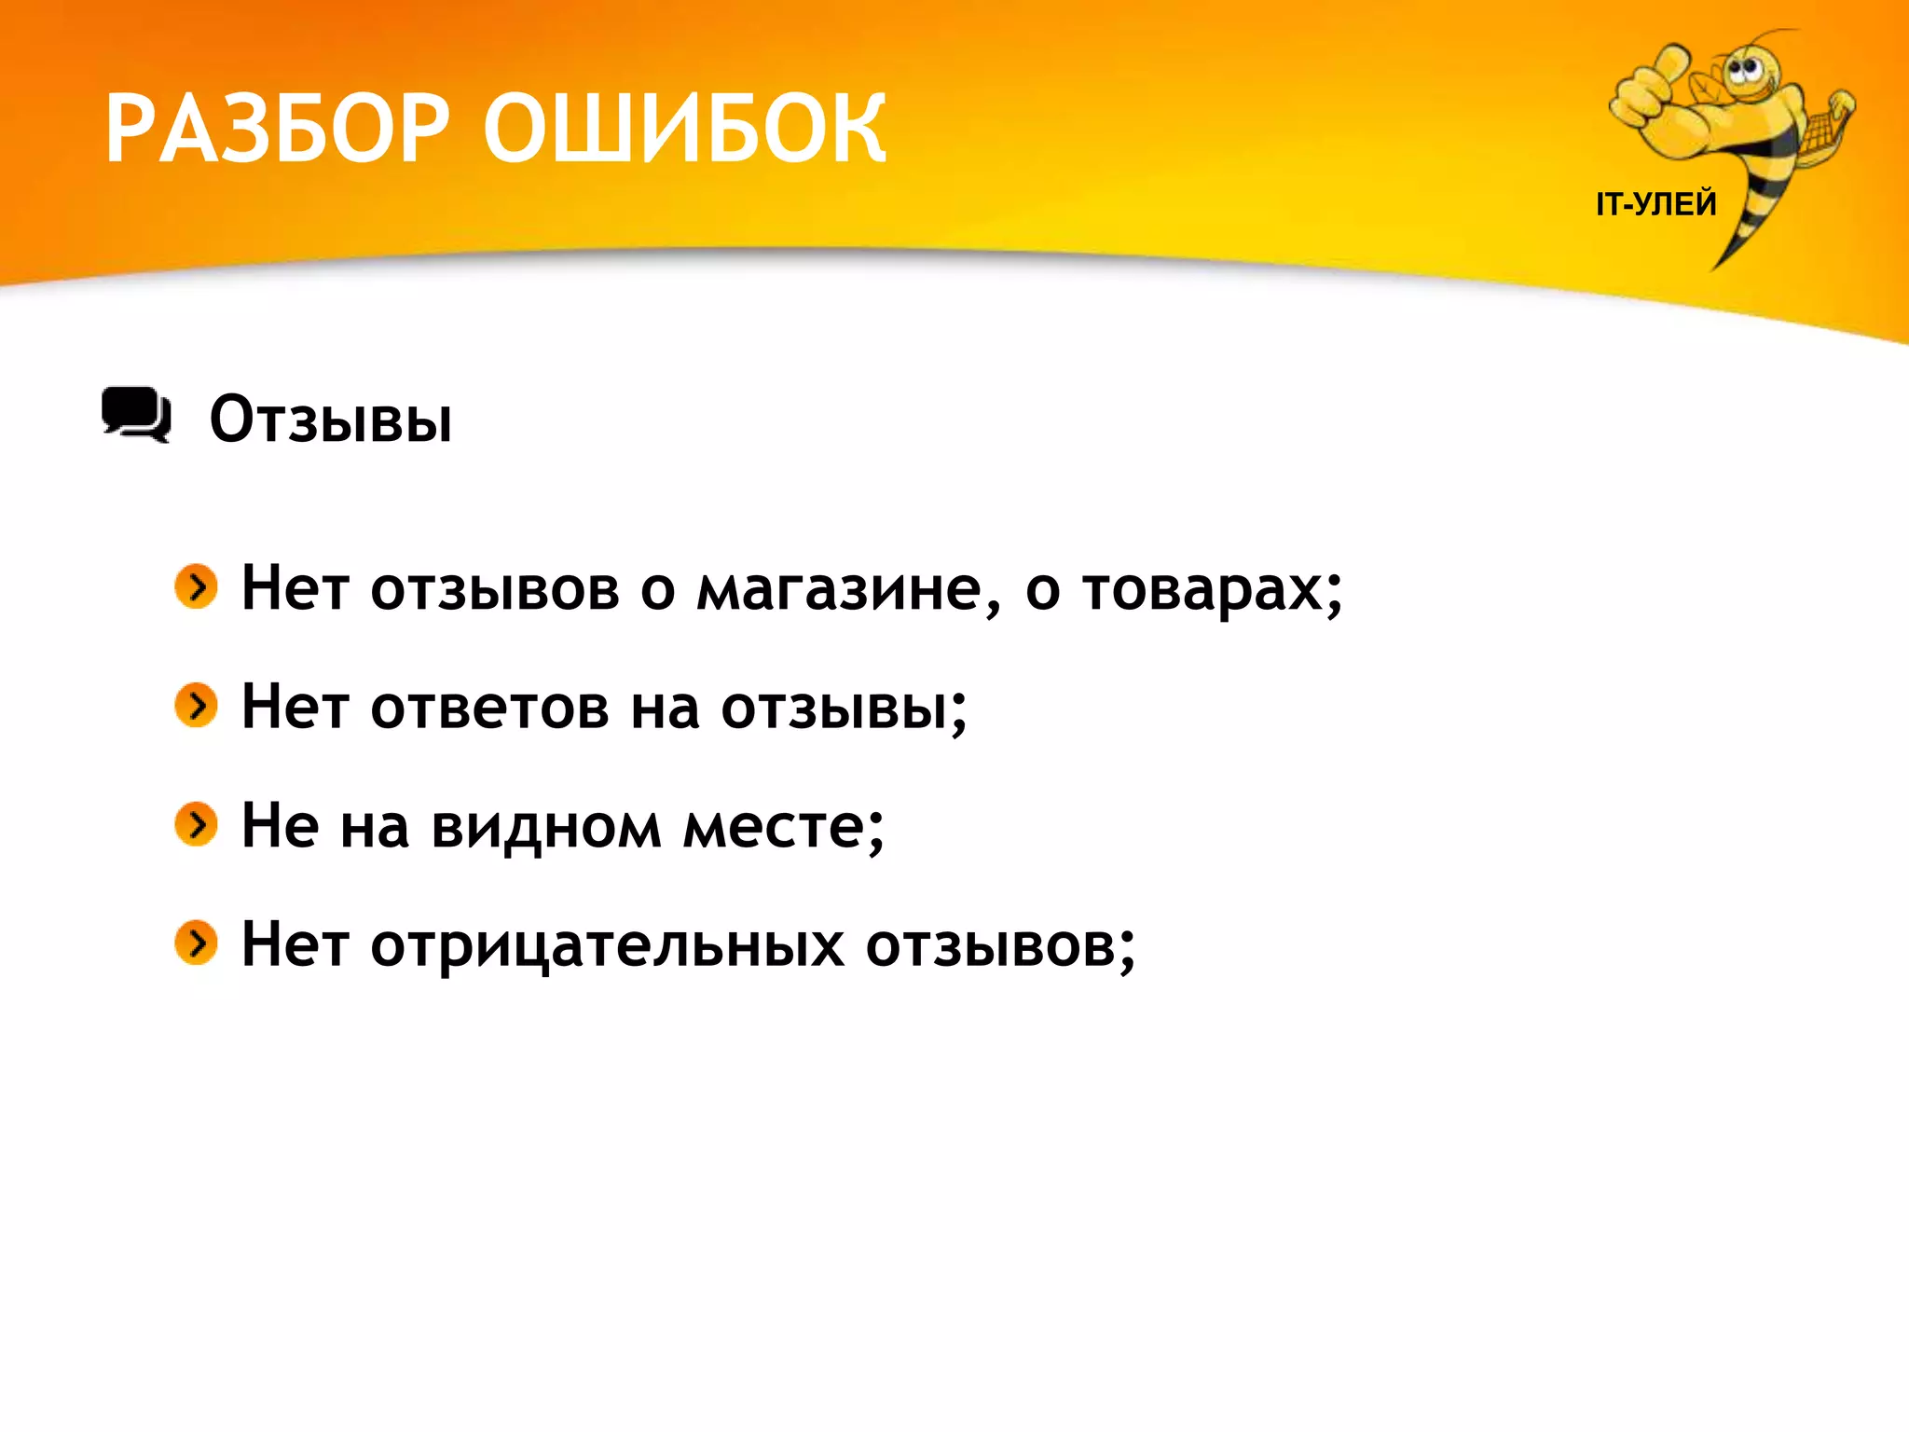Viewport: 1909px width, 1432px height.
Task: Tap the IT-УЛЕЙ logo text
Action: (x=1655, y=203)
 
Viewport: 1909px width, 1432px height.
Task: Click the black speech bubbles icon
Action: (x=136, y=414)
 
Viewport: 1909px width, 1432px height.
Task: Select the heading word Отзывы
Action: (x=331, y=420)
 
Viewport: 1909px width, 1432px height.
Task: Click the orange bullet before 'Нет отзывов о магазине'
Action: (x=196, y=586)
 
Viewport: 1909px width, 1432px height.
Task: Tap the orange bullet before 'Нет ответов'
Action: (x=196, y=705)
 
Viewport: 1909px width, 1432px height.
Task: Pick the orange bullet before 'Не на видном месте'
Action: (x=196, y=824)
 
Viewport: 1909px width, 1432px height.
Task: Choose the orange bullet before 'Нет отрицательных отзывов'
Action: (x=196, y=943)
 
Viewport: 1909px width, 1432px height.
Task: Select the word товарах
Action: (x=1202, y=590)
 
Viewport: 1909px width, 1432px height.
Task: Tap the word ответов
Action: (x=490, y=709)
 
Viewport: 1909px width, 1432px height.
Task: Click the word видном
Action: (x=546, y=828)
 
